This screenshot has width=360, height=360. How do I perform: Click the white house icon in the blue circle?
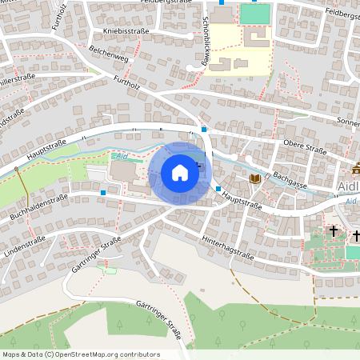click(180, 173)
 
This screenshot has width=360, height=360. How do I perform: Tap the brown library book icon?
click(254, 178)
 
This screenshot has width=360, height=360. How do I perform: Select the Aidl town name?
click(349, 186)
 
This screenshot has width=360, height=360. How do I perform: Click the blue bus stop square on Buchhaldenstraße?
click(103, 192)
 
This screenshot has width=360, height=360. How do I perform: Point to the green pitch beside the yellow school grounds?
click(255, 14)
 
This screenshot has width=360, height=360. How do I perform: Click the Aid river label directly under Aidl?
click(351, 200)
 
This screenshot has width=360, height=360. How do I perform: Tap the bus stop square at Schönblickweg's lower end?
click(205, 129)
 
